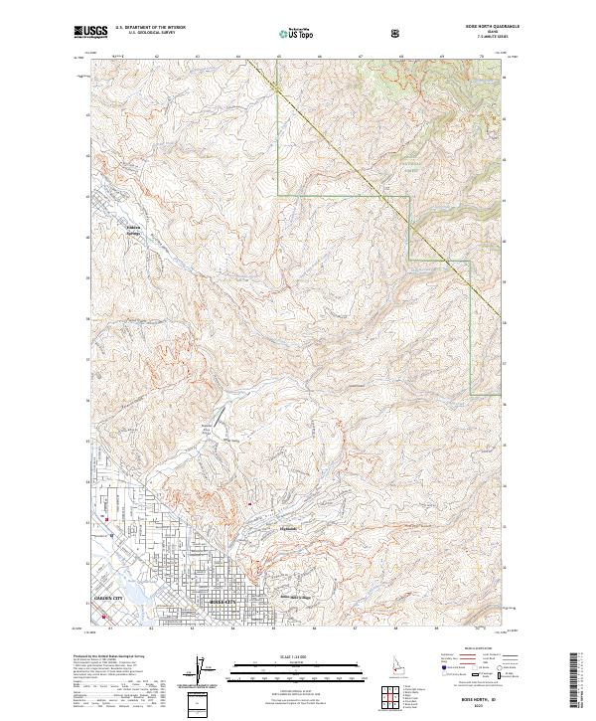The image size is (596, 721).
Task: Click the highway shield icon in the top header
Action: click(x=398, y=33)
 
